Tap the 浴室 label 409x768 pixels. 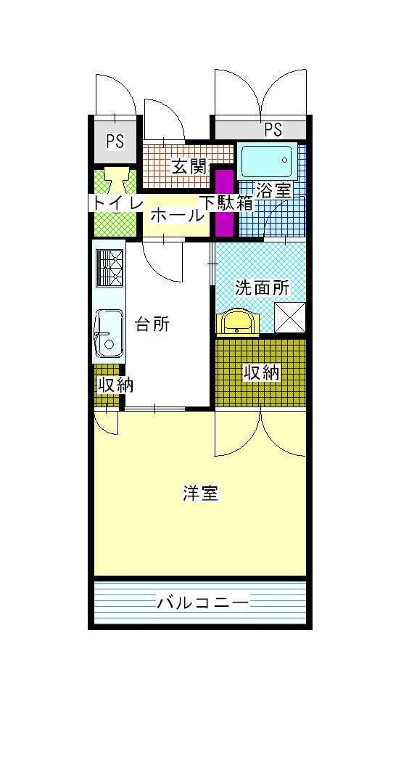pyautogui.click(x=273, y=190)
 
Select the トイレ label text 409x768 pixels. pyautogui.click(x=116, y=203)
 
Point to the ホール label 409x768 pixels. pyautogui.click(x=177, y=216)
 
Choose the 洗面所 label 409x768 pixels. pyautogui.click(x=263, y=287)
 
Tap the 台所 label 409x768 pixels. pyautogui.click(x=152, y=324)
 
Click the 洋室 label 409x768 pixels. pyautogui.click(x=201, y=493)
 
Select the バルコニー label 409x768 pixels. pyautogui.click(x=202, y=602)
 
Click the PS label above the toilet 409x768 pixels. pyautogui.click(x=115, y=141)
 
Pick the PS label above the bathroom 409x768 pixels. pyautogui.click(x=273, y=130)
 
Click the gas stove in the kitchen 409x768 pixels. pyautogui.click(x=110, y=268)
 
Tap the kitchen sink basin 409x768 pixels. pyautogui.click(x=109, y=333)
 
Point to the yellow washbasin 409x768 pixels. pyautogui.click(x=237, y=322)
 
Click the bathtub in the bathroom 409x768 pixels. pyautogui.click(x=267, y=161)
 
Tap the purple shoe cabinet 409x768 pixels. pyautogui.click(x=225, y=203)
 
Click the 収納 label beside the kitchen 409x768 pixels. pyautogui.click(x=115, y=385)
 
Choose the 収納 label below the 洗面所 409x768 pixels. pyautogui.click(x=262, y=373)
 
